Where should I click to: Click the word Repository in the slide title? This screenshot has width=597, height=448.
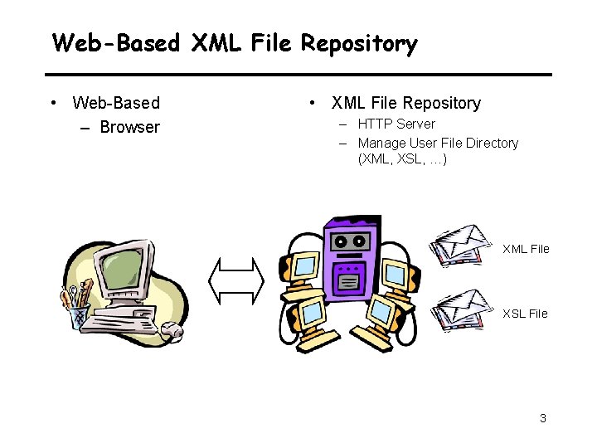[359, 42]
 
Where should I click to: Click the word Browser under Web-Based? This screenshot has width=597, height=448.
[129, 127]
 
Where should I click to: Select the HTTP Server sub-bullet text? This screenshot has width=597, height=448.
[396, 124]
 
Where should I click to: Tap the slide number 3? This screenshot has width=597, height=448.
[543, 418]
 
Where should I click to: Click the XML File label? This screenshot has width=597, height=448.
[526, 249]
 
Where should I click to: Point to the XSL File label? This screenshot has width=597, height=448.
[525, 314]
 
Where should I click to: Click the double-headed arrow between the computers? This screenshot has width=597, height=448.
[236, 280]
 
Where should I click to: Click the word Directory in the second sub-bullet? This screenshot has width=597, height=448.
[492, 143]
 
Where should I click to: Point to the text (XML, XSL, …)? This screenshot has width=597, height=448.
[402, 158]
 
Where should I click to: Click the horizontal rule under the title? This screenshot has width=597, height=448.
[298, 75]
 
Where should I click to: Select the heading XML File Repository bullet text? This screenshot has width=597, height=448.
[405, 103]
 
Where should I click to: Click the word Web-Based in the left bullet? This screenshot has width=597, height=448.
[116, 103]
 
